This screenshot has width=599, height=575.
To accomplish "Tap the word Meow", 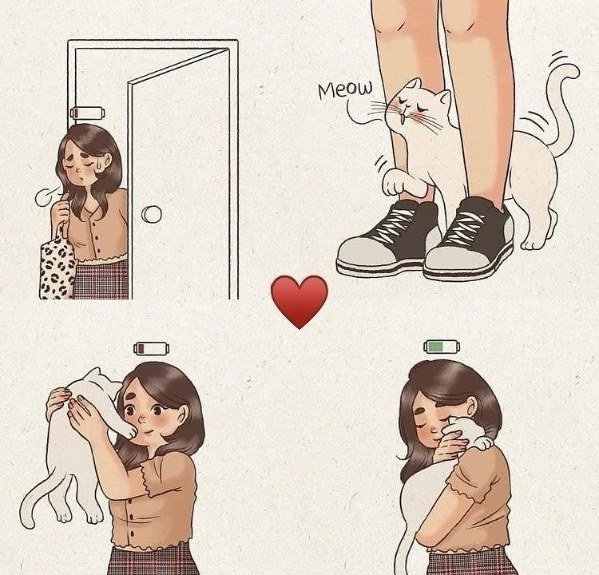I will click(345, 89).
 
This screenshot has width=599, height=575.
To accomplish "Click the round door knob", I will click(151, 214).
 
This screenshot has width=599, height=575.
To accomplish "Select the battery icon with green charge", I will click(442, 347).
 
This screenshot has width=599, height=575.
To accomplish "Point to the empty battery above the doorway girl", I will click(87, 113).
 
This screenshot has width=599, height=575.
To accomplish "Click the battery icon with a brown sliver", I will click(151, 348).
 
